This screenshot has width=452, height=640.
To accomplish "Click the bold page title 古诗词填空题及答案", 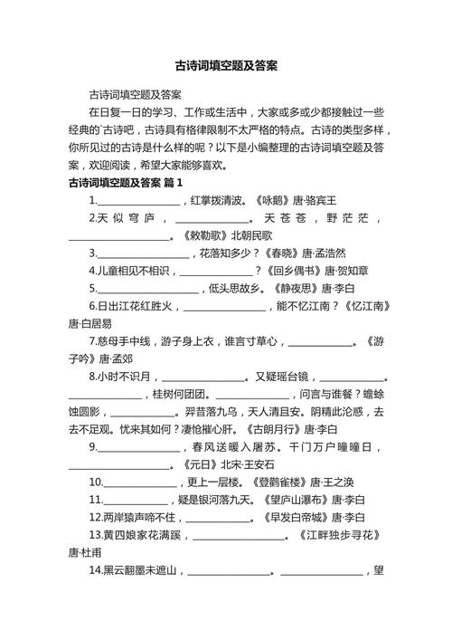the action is pos(226,66).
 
